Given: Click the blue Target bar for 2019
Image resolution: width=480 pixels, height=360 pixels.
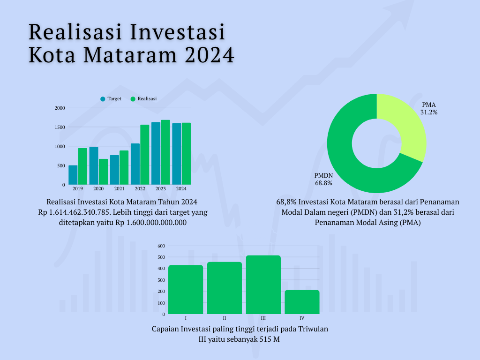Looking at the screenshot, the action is click(73, 175).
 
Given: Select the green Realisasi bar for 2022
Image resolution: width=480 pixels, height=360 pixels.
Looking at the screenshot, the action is click(145, 155).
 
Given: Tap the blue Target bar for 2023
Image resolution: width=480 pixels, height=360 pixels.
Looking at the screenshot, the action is click(156, 153).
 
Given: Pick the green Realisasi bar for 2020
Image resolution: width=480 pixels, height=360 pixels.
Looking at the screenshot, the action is click(103, 172).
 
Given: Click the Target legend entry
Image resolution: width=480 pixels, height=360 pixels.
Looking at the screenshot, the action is click(111, 99).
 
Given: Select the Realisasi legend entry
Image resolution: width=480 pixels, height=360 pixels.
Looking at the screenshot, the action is click(143, 99).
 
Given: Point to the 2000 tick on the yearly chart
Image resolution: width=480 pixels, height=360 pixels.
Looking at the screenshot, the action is click(60, 108).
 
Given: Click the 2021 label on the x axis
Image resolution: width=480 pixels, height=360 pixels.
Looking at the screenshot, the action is click(120, 188).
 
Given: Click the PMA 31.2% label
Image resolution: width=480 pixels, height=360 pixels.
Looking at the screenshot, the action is click(429, 108).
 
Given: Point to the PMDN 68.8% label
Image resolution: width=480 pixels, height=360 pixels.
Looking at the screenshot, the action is click(323, 179).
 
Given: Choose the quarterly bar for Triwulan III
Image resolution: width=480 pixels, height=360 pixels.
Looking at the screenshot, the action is click(263, 285).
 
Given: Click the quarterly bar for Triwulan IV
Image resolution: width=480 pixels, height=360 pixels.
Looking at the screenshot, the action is click(302, 302).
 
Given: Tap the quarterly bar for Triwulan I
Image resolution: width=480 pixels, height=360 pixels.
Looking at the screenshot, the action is click(186, 290).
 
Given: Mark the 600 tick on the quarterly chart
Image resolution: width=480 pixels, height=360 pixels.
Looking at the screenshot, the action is click(161, 246).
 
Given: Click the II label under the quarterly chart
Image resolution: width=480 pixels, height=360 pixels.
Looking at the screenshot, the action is click(225, 318).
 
